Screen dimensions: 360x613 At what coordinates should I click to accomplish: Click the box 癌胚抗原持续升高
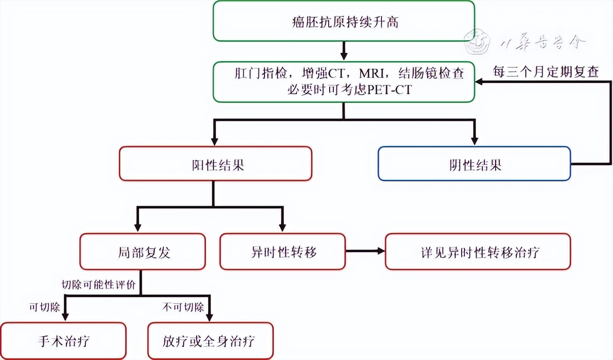[x=344, y=21]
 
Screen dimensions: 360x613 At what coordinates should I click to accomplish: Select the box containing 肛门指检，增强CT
[x=344, y=82]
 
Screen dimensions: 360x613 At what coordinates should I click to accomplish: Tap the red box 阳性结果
[x=215, y=164]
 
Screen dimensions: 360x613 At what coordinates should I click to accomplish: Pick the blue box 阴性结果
[x=474, y=164]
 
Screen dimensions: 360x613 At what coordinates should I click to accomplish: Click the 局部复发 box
[x=142, y=252]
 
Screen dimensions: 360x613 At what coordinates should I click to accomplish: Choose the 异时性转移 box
[x=283, y=252]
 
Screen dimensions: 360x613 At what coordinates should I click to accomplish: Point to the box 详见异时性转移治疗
[x=478, y=252]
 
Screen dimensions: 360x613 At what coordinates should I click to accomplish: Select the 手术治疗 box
[x=63, y=341]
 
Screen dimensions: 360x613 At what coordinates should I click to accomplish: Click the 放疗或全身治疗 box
[x=210, y=341]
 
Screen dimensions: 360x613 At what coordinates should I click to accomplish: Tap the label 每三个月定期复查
[x=546, y=72]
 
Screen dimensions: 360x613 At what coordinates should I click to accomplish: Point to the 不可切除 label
[x=183, y=308]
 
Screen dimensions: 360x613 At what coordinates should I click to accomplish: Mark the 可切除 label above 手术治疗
[x=45, y=308]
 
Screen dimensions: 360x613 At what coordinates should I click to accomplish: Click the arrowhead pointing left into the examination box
[x=480, y=82]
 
